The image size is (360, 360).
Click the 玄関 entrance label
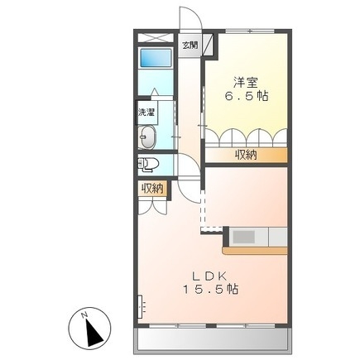point(190,46)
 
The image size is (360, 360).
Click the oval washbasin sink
point(150,137)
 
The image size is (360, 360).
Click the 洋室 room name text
point(245,83)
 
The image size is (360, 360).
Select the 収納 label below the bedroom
point(245,155)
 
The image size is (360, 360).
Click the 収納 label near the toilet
point(152,190)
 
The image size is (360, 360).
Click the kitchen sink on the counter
point(245,237)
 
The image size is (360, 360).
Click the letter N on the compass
point(85,314)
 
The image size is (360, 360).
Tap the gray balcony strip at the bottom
point(211,339)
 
